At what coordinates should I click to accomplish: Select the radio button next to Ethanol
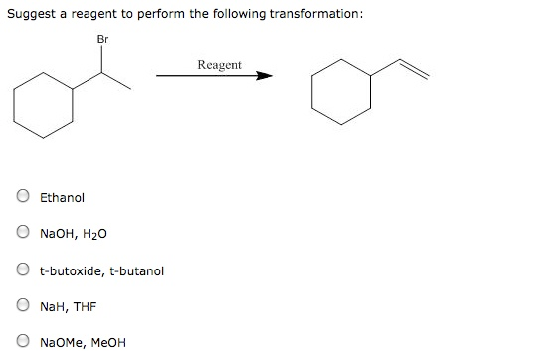[22, 197]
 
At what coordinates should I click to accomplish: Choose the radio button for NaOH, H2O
[22, 234]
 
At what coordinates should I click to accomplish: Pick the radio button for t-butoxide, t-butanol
[22, 270]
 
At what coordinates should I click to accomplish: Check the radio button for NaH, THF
[22, 307]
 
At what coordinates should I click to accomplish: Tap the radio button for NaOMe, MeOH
[22, 344]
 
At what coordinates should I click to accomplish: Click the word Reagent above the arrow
[219, 64]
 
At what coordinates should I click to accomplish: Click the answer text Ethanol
[63, 197]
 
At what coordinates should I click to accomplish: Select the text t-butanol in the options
[135, 270]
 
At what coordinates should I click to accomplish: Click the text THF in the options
[84, 307]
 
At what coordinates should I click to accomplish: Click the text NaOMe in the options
[61, 344]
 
